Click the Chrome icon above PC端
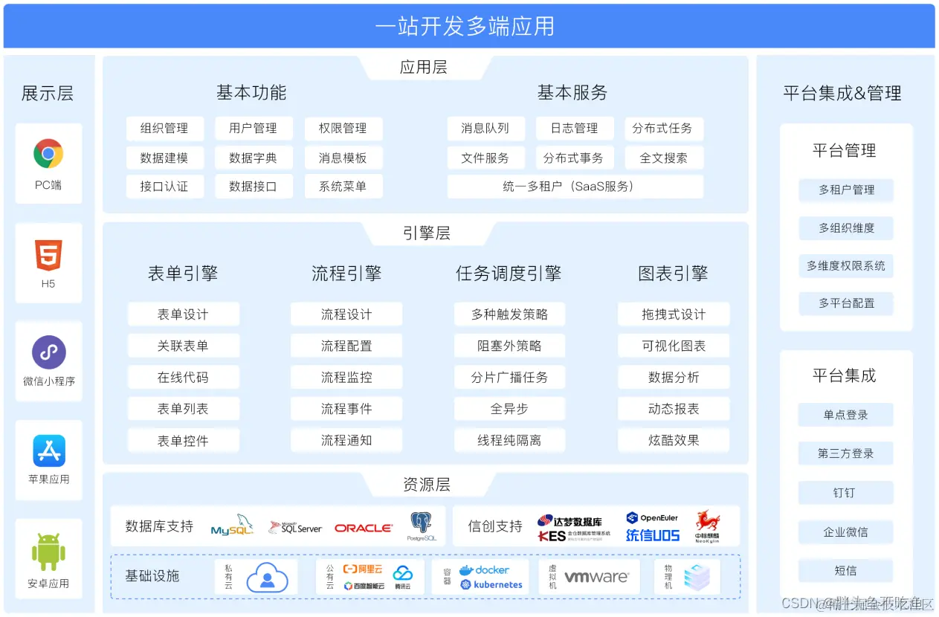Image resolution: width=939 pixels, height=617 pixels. click(x=48, y=154)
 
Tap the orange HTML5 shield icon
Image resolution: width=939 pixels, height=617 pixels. click(x=48, y=256)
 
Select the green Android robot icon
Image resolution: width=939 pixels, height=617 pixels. click(x=48, y=552)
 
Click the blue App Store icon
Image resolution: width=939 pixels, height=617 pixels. click(x=48, y=450)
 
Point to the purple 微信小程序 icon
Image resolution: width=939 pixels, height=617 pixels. click(x=48, y=352)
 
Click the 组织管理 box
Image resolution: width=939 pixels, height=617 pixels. click(x=164, y=129)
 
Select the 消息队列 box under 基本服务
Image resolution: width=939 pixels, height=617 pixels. click(x=485, y=129)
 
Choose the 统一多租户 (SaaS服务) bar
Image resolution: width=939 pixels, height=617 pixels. click(x=575, y=187)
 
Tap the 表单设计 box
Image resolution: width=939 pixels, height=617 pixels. click(x=183, y=314)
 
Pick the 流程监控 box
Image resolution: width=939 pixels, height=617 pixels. click(x=346, y=378)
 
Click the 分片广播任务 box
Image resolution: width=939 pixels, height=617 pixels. click(x=510, y=378)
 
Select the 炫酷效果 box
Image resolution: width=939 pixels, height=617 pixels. click(x=674, y=441)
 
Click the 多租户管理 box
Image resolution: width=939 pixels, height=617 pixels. click(x=846, y=190)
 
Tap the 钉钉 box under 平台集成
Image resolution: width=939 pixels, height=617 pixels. click(x=845, y=493)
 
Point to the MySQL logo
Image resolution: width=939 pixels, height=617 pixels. click(x=232, y=526)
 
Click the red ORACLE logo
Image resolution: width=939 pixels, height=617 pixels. click(x=364, y=528)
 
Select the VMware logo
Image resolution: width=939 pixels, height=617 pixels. click(x=597, y=577)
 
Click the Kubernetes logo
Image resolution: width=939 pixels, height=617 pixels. click(x=491, y=585)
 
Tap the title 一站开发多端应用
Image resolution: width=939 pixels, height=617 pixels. click(x=465, y=27)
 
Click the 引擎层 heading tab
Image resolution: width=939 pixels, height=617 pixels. click(x=426, y=233)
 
